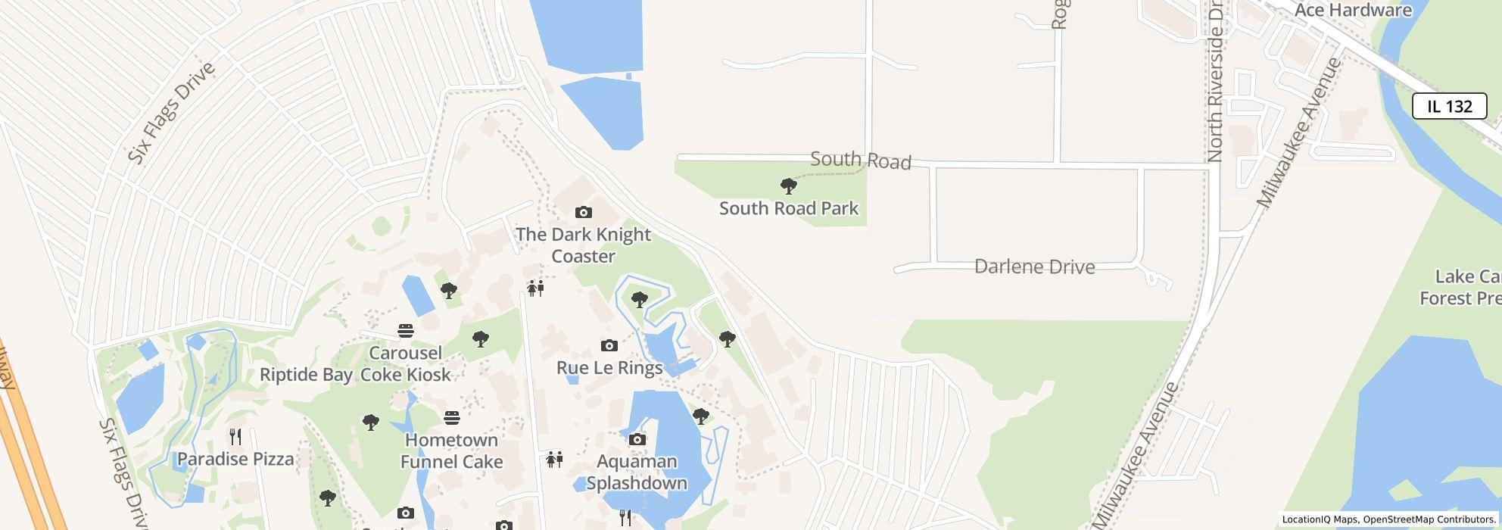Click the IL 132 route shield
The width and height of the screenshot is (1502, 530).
(1449, 106)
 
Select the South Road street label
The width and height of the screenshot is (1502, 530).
(860, 160)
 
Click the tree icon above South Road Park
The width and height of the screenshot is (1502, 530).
(788, 185)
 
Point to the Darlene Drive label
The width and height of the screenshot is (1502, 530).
(1034, 267)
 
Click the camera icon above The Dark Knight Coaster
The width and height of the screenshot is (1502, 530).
(583, 212)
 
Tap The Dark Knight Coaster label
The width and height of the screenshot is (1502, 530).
(583, 245)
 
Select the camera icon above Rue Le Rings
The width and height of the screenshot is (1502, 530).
(609, 346)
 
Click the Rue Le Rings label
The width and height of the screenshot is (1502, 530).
(609, 368)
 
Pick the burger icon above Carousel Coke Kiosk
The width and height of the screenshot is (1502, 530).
(406, 331)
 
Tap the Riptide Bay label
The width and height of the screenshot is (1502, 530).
(306, 375)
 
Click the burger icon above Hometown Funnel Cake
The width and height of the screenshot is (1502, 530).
(452, 417)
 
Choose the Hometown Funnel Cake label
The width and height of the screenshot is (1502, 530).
(451, 450)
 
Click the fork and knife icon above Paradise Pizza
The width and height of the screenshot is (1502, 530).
(235, 436)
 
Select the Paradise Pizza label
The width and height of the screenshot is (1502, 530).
(235, 459)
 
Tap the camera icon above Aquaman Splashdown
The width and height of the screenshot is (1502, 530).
(637, 439)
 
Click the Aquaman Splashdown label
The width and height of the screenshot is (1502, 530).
(637, 472)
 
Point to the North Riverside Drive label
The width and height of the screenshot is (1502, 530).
(1216, 81)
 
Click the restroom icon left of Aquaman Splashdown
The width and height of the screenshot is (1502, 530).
(555, 460)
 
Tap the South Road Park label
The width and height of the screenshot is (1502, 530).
(788, 208)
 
